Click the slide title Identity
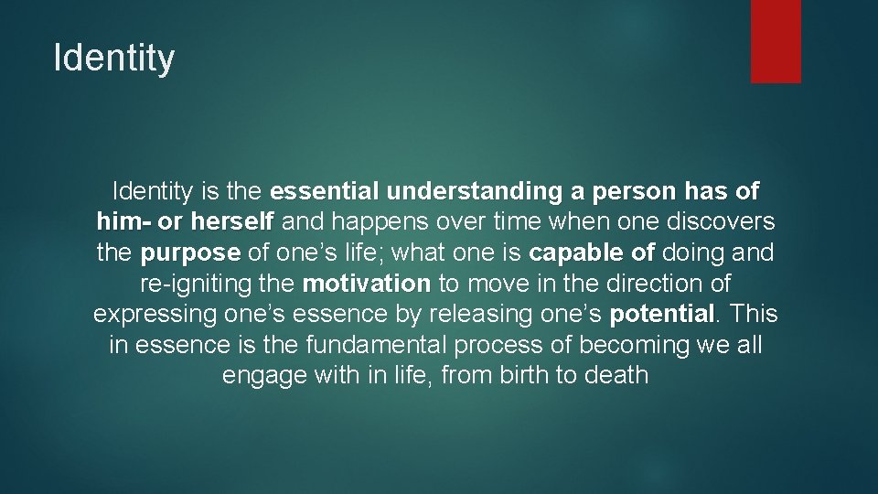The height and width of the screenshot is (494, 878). pyautogui.click(x=114, y=58)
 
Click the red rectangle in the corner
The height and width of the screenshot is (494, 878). pyautogui.click(x=776, y=41)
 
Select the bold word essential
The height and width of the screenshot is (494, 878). pyautogui.click(x=325, y=191)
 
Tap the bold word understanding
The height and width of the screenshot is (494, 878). pyautogui.click(x=475, y=191)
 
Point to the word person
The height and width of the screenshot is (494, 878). pyautogui.click(x=634, y=191)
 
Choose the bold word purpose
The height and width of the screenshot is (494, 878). pyautogui.click(x=190, y=252)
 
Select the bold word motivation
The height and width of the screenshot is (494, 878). pyautogui.click(x=366, y=283)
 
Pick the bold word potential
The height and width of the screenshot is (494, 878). pyautogui.click(x=662, y=314)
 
